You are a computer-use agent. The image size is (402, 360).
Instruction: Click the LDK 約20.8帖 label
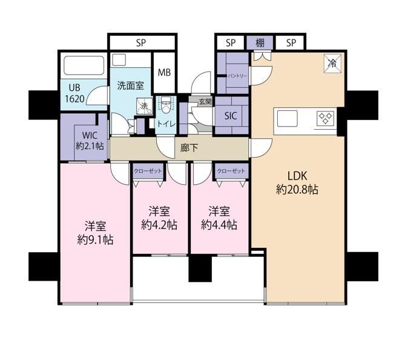click(x=297, y=182)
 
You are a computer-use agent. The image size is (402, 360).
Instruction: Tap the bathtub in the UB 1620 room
click(x=84, y=65)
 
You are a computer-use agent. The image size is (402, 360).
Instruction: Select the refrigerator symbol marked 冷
click(x=332, y=64)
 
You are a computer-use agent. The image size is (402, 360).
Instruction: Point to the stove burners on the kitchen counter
click(x=326, y=119)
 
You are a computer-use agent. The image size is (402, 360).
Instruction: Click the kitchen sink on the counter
click(x=287, y=119)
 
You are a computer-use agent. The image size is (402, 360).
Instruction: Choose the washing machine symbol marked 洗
click(x=144, y=106)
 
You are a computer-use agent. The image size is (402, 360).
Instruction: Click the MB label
click(x=164, y=73)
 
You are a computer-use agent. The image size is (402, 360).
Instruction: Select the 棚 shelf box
click(x=260, y=42)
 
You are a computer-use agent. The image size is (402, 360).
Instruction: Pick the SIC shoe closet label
click(x=231, y=116)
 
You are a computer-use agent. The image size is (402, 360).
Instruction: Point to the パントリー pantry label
click(x=238, y=76)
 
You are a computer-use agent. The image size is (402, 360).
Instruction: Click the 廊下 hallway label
click(x=189, y=148)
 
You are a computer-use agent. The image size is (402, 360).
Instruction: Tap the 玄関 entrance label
click(x=205, y=102)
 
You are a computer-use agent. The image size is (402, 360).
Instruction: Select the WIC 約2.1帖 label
click(x=90, y=141)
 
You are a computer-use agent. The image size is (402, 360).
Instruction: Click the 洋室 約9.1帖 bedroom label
click(x=95, y=233)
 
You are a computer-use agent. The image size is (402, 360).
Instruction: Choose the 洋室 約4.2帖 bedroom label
click(x=159, y=218)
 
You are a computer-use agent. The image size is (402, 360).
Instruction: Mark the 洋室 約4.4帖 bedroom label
click(x=219, y=218)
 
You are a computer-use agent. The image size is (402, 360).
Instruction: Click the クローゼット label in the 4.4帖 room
click(x=231, y=171)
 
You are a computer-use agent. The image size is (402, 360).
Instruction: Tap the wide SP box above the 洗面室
click(x=142, y=42)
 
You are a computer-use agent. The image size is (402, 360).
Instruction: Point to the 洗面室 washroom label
click(x=131, y=85)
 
